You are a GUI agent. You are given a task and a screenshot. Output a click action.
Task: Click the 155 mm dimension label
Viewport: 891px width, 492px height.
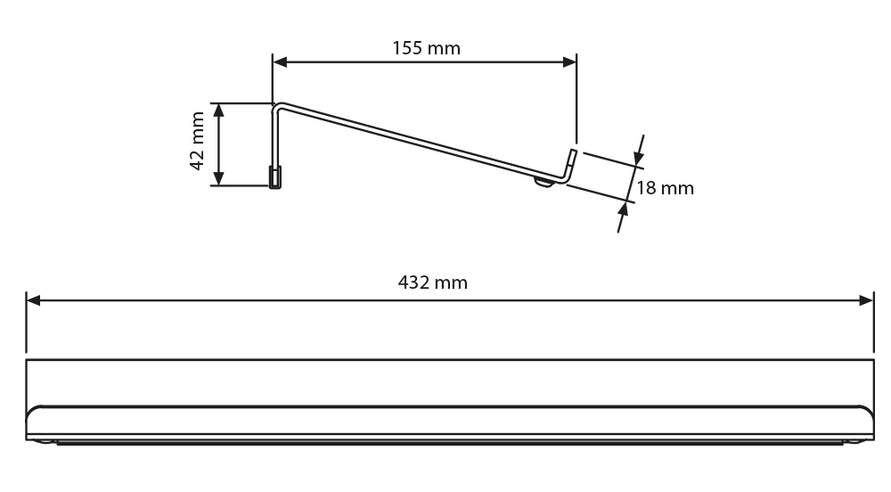pyautogui.click(x=426, y=48)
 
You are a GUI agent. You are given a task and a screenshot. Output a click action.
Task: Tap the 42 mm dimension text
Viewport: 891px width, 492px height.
pyautogui.click(x=197, y=141)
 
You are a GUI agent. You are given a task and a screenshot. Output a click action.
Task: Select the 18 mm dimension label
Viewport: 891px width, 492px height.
pyautogui.click(x=665, y=188)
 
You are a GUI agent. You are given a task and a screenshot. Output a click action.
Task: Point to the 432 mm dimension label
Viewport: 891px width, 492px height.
pyautogui.click(x=432, y=283)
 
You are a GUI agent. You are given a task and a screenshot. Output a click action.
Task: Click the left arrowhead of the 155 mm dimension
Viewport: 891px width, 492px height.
pyautogui.click(x=280, y=61)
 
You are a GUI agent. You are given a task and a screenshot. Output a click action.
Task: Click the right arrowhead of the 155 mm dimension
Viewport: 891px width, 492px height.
pyautogui.click(x=569, y=61)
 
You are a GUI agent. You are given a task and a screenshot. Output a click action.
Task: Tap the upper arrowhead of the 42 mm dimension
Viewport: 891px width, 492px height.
pyautogui.click(x=219, y=111)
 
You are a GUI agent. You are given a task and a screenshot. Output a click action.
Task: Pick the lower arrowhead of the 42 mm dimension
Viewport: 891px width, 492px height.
pyautogui.click(x=219, y=178)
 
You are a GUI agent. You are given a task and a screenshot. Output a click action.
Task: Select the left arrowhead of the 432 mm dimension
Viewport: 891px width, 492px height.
pyautogui.click(x=34, y=300)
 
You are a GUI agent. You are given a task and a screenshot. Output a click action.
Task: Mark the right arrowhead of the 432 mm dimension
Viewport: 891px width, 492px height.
pyautogui.click(x=867, y=300)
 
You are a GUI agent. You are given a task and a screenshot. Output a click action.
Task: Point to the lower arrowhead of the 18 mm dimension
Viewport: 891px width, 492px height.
pyautogui.click(x=624, y=209)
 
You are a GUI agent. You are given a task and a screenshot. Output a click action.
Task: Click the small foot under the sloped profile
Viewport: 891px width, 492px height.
pyautogui.click(x=544, y=183)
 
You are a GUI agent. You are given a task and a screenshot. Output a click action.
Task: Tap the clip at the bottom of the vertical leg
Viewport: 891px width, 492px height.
pyautogui.click(x=275, y=177)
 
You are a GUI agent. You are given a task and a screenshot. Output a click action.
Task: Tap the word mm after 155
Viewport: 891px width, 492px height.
pyautogui.click(x=445, y=50)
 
